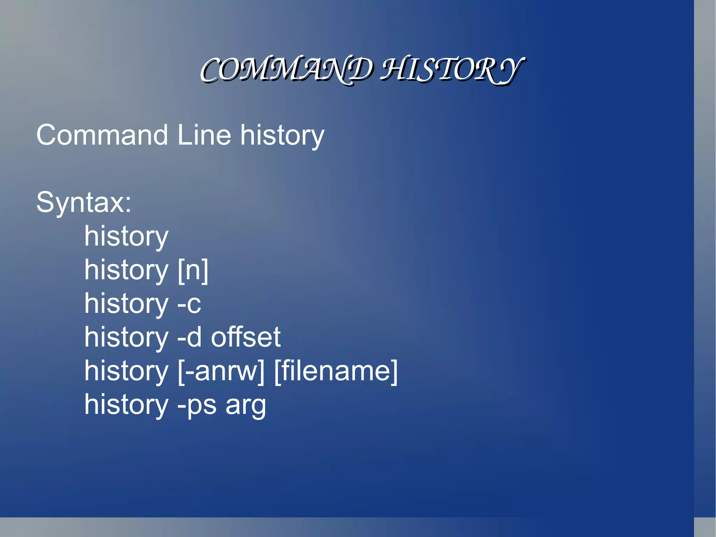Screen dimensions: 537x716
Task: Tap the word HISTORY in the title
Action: (451, 70)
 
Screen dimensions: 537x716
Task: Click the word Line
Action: (204, 135)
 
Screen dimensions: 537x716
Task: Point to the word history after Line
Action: (282, 136)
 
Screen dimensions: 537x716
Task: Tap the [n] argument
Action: (193, 270)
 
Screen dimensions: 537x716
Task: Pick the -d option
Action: (189, 337)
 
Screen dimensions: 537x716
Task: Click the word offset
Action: (246, 337)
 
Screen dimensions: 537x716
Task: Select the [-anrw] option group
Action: (221, 371)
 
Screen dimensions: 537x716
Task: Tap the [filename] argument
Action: (336, 371)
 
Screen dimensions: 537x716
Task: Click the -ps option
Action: (197, 405)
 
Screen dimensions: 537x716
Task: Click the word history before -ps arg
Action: (126, 405)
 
